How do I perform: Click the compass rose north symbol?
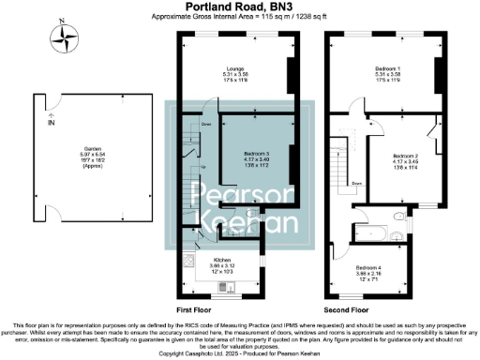pos(65,38)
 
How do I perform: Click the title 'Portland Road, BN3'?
pos(240,7)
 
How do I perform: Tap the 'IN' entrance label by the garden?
pos(52,122)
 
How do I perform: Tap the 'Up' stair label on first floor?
pos(204,168)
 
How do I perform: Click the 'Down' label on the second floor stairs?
pos(357,184)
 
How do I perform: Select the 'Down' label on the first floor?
pos(206,123)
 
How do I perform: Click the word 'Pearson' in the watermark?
pos(238,196)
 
